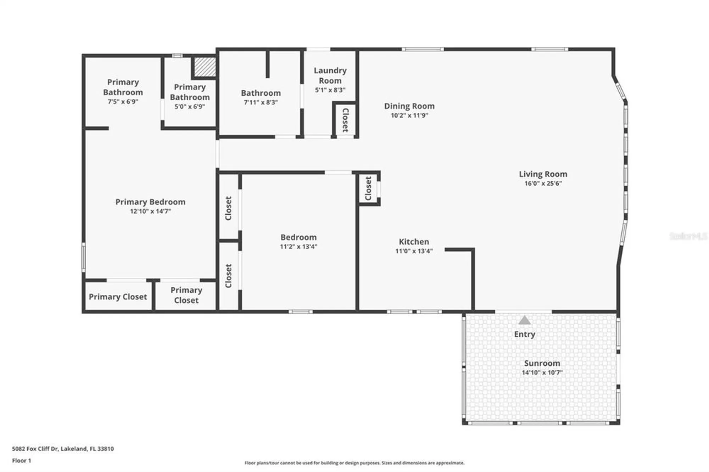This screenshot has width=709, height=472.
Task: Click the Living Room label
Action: coord(543,174)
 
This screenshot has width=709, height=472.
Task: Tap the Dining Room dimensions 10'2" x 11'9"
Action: coord(409,116)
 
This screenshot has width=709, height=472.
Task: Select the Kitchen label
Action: coord(414,242)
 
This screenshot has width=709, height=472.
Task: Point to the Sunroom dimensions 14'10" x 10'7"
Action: coord(542,372)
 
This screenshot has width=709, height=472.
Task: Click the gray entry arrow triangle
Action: coord(525,320)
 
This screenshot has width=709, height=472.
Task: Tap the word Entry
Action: coord(525,334)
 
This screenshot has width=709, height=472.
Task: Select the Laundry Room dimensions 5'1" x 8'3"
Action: coord(330,90)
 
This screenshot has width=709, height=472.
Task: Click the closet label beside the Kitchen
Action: coord(368,188)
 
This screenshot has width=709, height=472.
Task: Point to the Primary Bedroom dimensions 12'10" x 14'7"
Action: coord(150,212)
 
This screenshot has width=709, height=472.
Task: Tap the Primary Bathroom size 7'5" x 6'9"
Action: coord(123,102)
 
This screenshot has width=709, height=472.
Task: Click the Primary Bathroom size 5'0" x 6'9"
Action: coord(190,107)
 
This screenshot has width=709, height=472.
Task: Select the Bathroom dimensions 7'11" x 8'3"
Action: coord(261,102)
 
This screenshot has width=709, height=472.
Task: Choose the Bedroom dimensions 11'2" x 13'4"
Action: coord(298,247)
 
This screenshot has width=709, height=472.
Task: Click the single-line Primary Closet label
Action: coord(118,297)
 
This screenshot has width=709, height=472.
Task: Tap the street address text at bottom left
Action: coord(63,449)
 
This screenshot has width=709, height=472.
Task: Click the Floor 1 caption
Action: coord(22,461)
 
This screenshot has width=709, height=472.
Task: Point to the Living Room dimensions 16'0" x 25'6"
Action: coord(543,184)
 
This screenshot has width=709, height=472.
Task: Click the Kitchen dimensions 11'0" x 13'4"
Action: coord(414,251)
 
